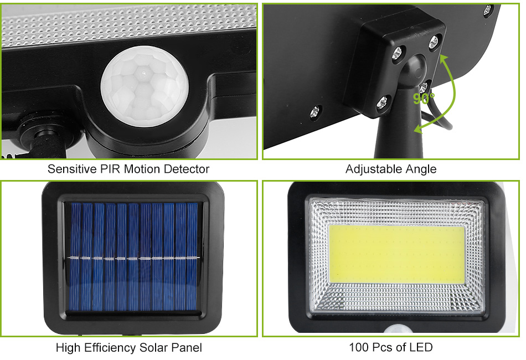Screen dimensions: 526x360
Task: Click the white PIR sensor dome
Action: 145,86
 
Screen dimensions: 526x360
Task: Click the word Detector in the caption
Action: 187,169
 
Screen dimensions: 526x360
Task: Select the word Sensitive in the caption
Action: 72,169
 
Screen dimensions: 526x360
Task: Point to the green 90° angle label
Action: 424,98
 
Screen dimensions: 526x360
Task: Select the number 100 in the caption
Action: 358,347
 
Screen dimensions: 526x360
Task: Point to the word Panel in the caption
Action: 187,348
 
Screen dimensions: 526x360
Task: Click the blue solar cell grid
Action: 134,256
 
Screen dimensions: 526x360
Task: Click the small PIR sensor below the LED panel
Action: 398,329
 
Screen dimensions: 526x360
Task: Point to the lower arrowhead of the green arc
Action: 418,128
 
